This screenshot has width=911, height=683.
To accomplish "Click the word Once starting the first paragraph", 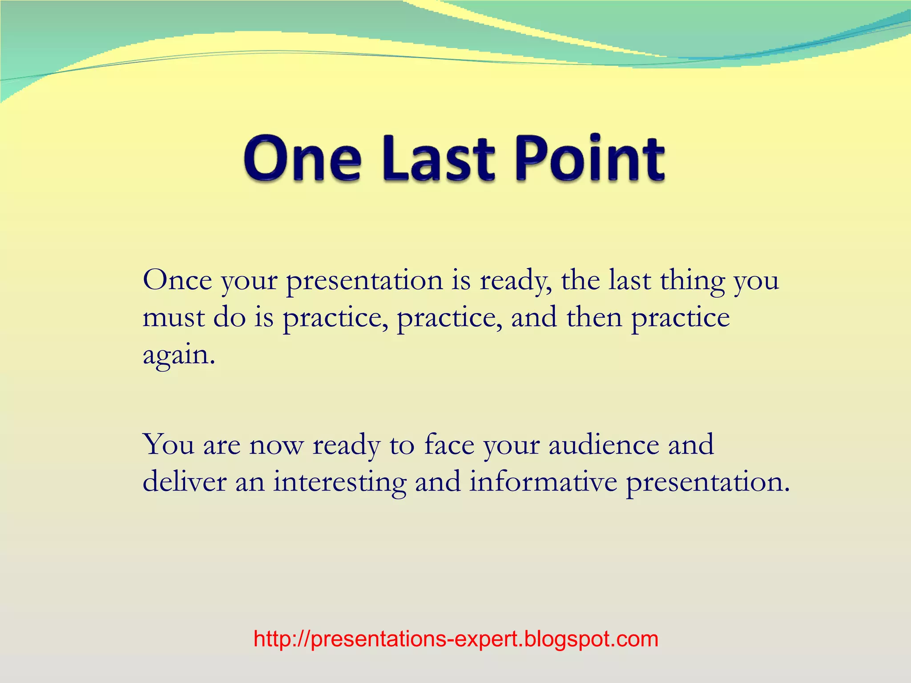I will pos(177,281).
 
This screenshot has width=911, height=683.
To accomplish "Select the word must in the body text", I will pos(173,318).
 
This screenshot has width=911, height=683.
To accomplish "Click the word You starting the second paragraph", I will pos(168,444).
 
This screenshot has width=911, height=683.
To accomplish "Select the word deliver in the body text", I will pos(184,482).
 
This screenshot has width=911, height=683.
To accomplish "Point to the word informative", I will pos(543,482).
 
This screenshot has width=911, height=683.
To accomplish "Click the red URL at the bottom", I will pos(455,639).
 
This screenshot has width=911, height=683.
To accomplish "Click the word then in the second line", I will pos(594,317).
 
